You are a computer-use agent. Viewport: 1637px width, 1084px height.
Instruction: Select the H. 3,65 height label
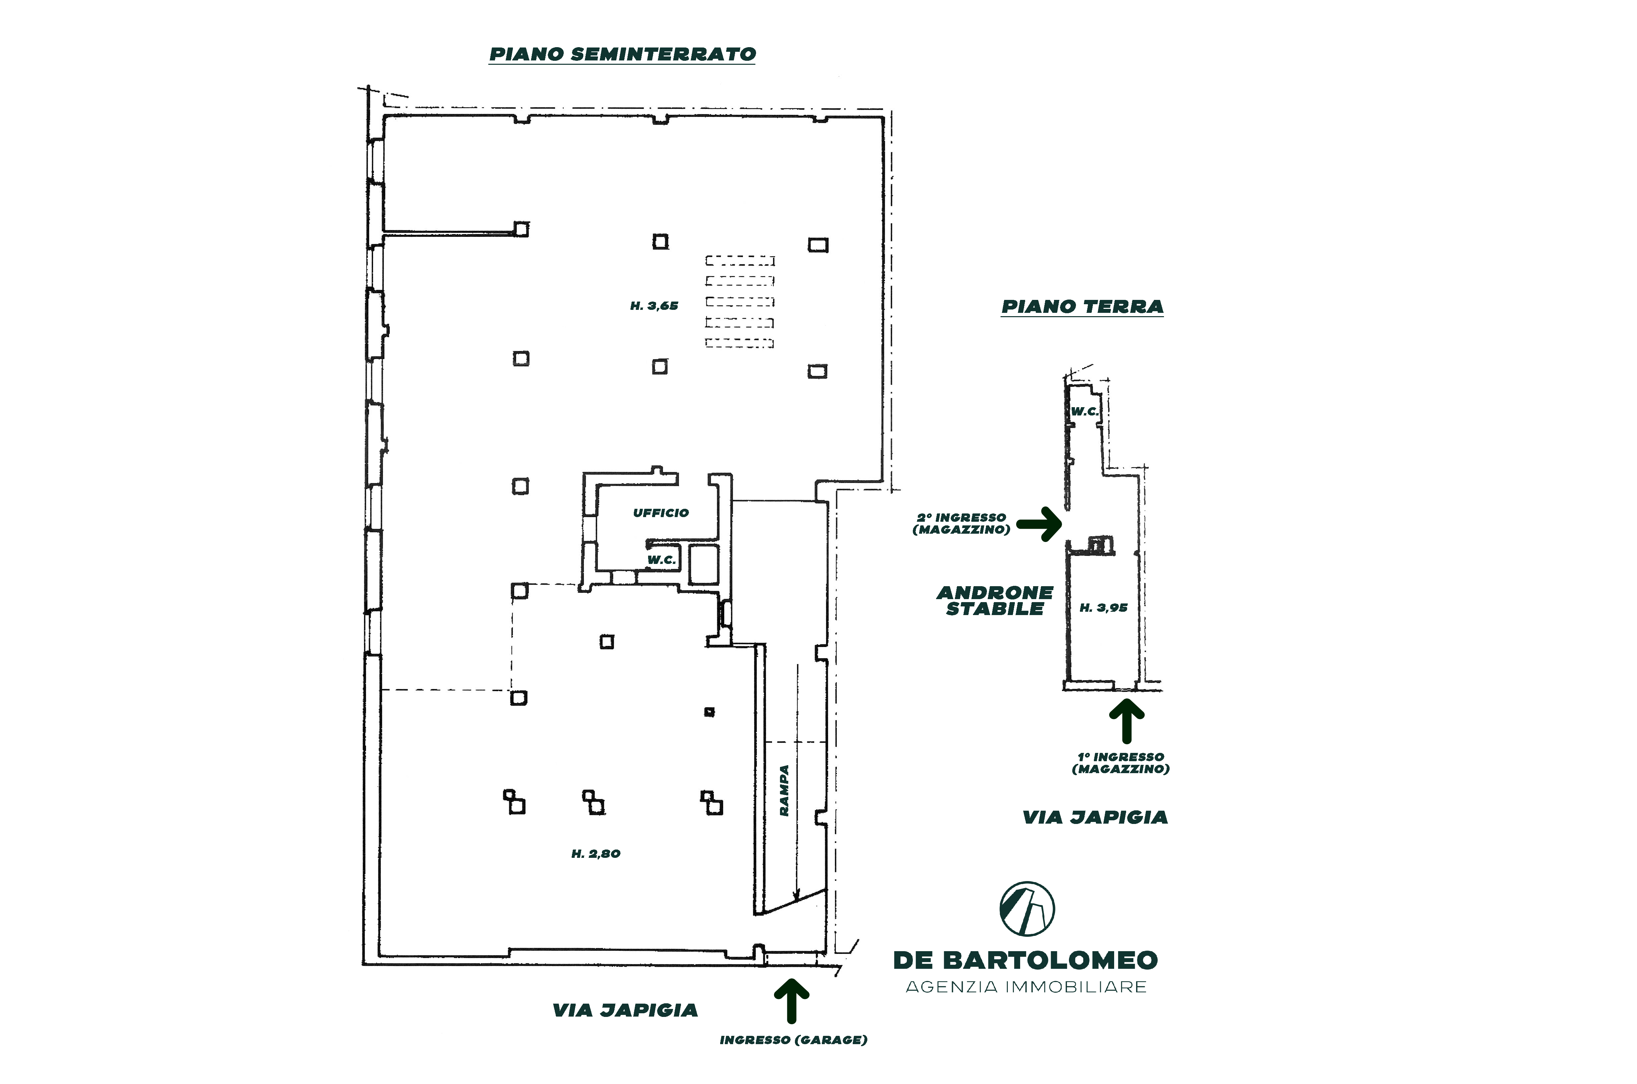tap(654, 306)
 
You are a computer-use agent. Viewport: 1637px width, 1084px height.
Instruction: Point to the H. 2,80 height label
tap(596, 854)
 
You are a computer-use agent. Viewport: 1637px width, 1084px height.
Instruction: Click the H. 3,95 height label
tap(1103, 608)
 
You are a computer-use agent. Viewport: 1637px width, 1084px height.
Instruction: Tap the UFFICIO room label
tap(661, 513)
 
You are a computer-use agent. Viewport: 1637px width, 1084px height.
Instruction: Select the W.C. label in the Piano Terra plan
tap(1084, 411)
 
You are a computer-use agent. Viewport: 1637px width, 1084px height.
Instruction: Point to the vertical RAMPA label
tap(784, 790)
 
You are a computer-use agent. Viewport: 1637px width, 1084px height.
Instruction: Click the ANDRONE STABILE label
tap(995, 601)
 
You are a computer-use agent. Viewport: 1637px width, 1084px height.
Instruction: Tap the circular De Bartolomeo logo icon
tap(1027, 908)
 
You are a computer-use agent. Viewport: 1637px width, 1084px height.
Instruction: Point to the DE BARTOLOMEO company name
tap(1026, 960)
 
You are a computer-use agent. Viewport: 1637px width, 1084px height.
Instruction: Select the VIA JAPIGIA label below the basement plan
tap(625, 1011)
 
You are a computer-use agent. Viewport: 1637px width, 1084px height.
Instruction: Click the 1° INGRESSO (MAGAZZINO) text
tap(1120, 763)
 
